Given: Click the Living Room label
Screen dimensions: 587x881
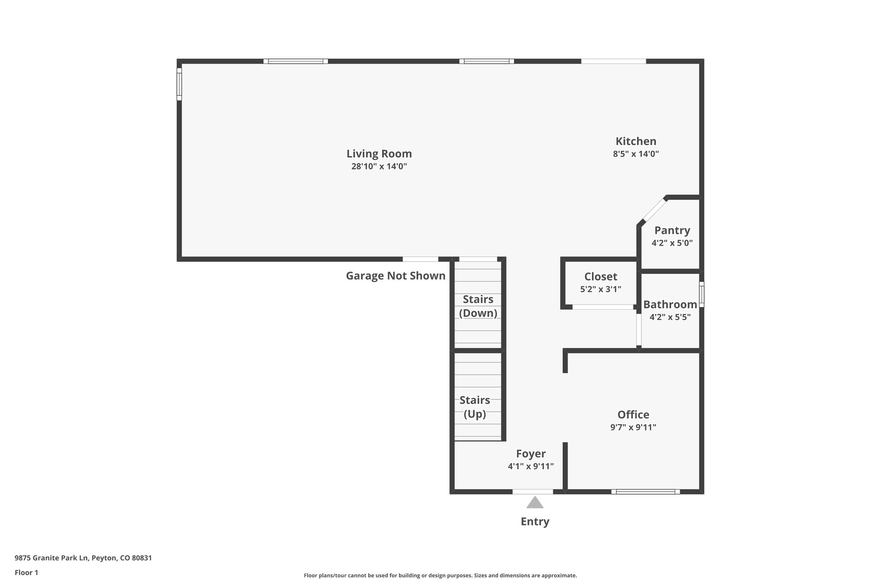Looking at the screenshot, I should pyautogui.click(x=379, y=154).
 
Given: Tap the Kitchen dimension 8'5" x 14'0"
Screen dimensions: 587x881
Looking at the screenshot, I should pyautogui.click(x=636, y=154).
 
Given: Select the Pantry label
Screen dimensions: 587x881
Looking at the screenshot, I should pyautogui.click(x=672, y=230).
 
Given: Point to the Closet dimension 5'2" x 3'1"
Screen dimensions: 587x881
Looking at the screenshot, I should pyautogui.click(x=601, y=289).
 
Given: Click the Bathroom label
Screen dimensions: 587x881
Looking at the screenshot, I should pyautogui.click(x=670, y=304).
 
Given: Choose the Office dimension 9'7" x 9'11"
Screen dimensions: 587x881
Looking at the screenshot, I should pyautogui.click(x=633, y=427).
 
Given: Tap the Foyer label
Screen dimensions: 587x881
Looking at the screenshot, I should pyautogui.click(x=531, y=454).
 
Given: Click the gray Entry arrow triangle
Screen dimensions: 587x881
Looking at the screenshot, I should pyautogui.click(x=535, y=503).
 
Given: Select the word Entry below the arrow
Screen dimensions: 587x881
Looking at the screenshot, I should pyautogui.click(x=535, y=522).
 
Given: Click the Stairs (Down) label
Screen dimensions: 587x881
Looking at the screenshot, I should pyautogui.click(x=478, y=306).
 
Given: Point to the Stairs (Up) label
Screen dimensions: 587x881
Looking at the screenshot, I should pyautogui.click(x=474, y=407).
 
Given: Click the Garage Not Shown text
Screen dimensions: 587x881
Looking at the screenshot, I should pyautogui.click(x=395, y=276).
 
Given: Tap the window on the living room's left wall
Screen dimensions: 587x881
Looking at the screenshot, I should pyautogui.click(x=179, y=84).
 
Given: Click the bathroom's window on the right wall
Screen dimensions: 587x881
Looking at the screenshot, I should pyautogui.click(x=701, y=294).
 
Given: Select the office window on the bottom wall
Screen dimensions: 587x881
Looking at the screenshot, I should pyautogui.click(x=645, y=492).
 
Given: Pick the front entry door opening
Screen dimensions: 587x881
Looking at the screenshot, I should pyautogui.click(x=533, y=492).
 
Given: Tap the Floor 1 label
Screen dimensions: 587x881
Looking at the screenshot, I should pyautogui.click(x=26, y=572).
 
